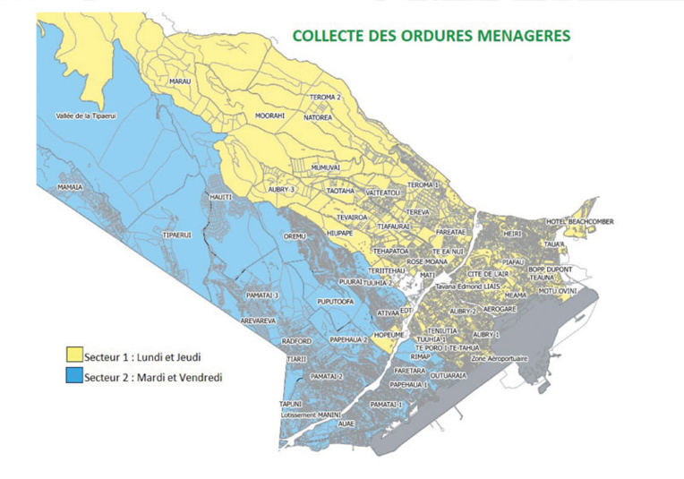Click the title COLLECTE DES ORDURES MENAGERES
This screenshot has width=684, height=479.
[431, 36]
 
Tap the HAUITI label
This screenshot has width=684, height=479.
[220, 196]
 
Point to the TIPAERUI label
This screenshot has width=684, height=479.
[177, 235]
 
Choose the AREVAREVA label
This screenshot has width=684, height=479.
[258, 320]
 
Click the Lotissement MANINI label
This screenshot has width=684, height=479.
[311, 415]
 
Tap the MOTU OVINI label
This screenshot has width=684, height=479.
[559, 291]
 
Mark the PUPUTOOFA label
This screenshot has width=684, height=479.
[336, 303]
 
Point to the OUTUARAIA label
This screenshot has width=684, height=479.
[448, 376]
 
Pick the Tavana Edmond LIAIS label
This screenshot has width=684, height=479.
[468, 287]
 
